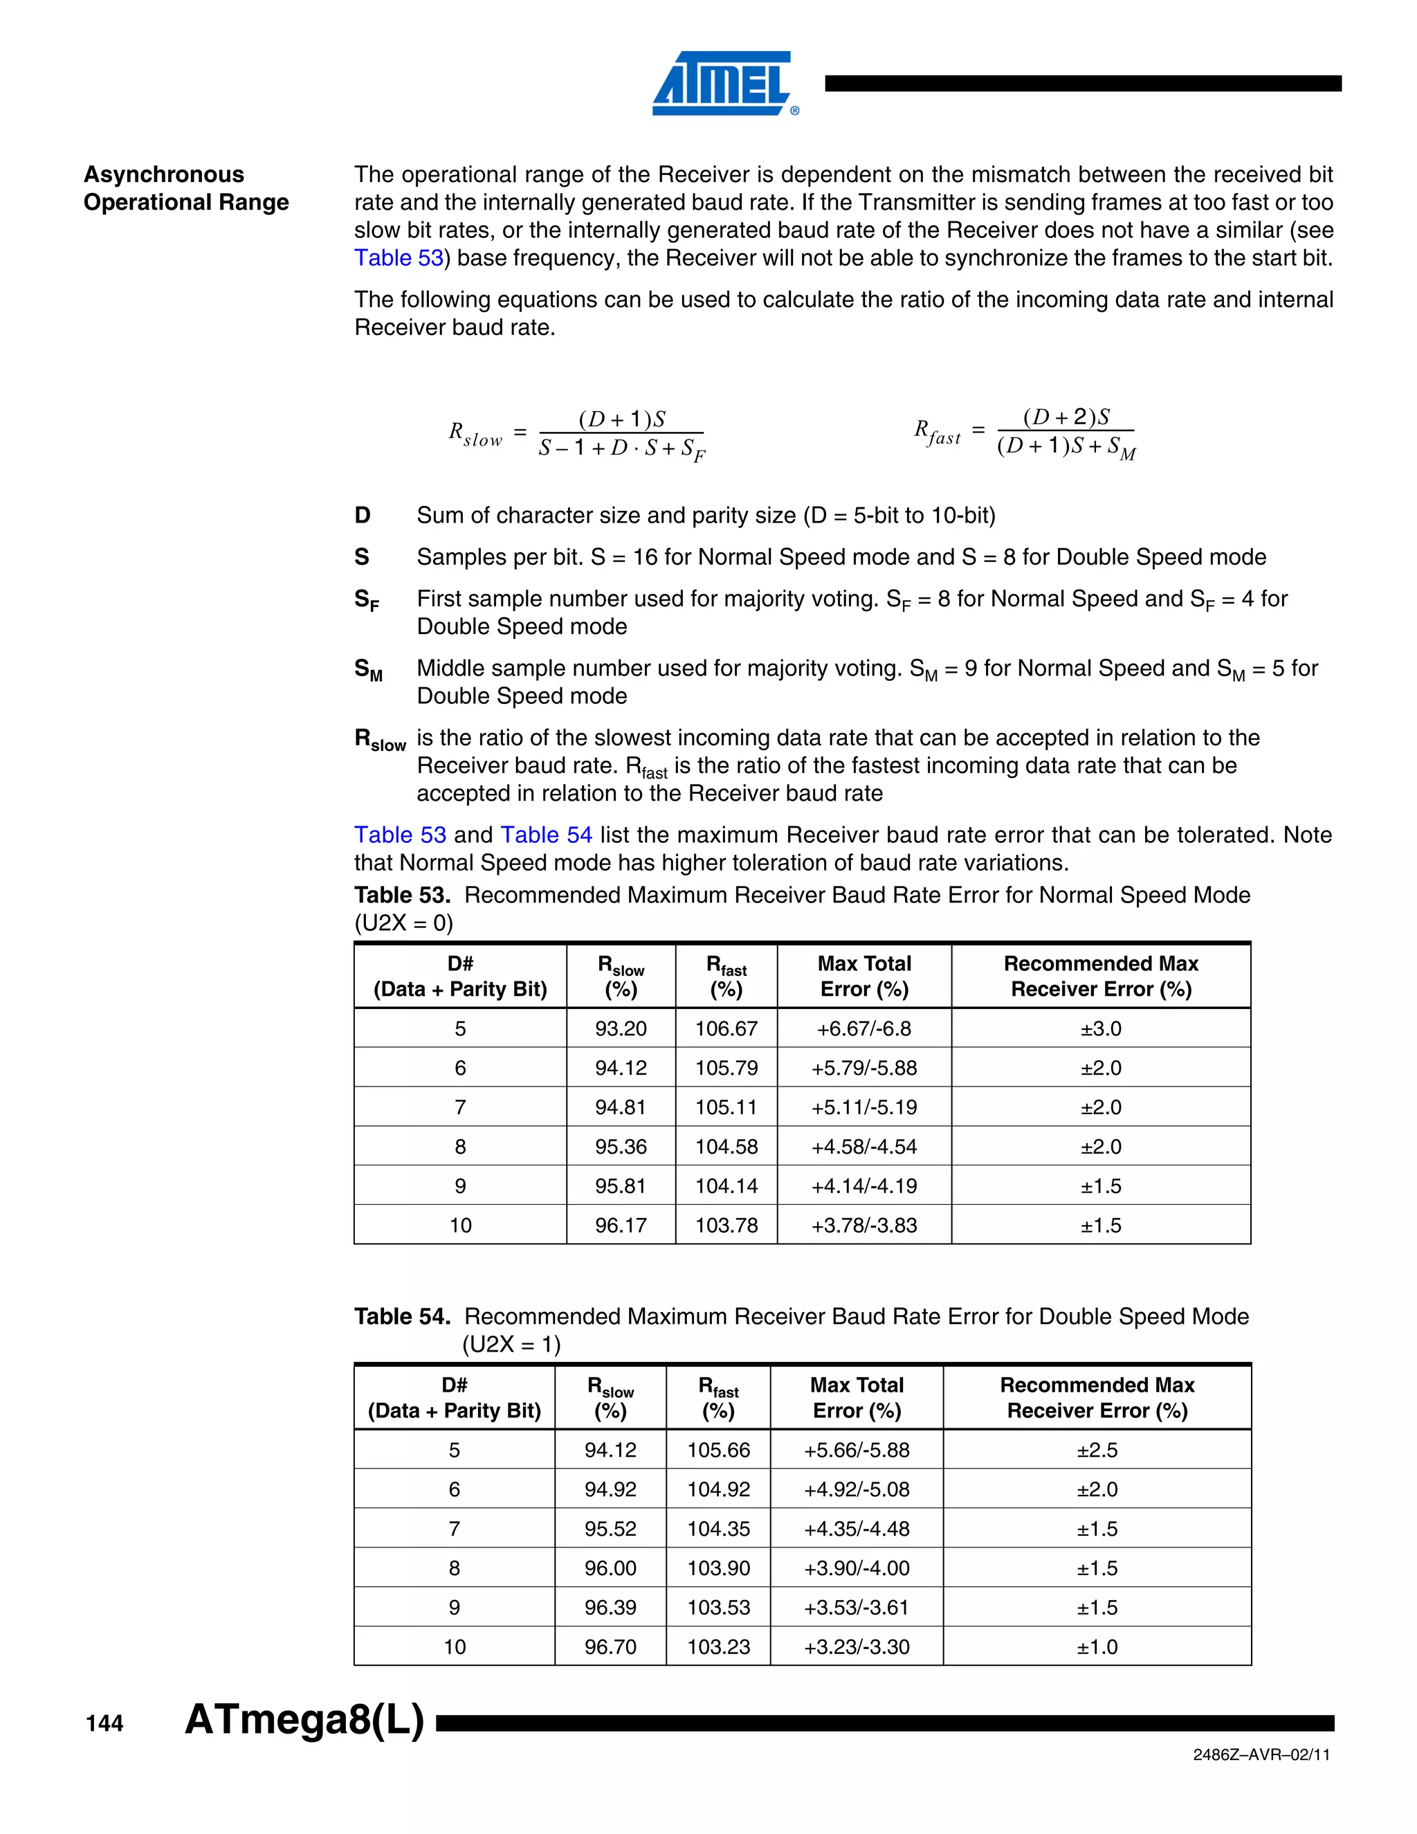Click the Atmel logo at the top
click(x=723, y=82)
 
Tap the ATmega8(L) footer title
click(x=304, y=1719)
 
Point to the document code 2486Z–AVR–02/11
click(x=1261, y=1754)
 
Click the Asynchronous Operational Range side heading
click(x=185, y=188)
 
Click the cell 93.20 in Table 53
click(x=621, y=1028)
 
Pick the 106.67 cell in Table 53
click(x=726, y=1028)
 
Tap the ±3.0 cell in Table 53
click(x=1101, y=1028)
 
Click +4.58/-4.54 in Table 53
click(x=863, y=1146)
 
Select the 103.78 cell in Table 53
click(x=726, y=1225)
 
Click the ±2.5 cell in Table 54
click(x=1097, y=1449)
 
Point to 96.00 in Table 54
click(x=610, y=1568)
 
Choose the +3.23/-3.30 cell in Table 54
click(x=857, y=1646)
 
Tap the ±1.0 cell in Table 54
click(x=1097, y=1646)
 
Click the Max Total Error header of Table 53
click(x=863, y=976)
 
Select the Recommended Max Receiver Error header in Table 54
click(x=1097, y=1397)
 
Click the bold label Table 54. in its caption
click(x=402, y=1316)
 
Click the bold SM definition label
click(x=367, y=669)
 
